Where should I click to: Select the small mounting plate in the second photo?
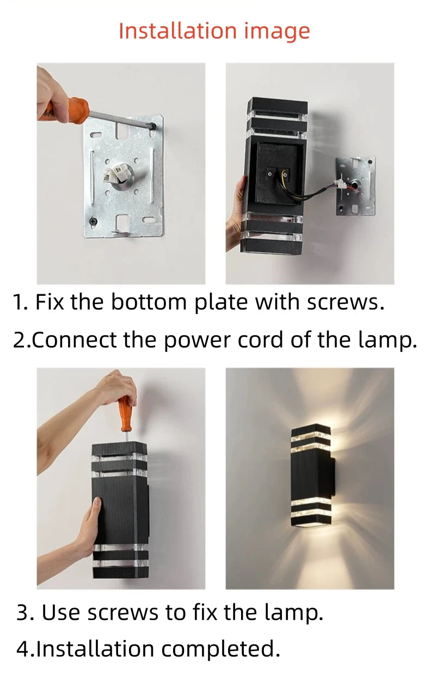click(355, 185)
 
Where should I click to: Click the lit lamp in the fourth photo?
click(311, 475)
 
